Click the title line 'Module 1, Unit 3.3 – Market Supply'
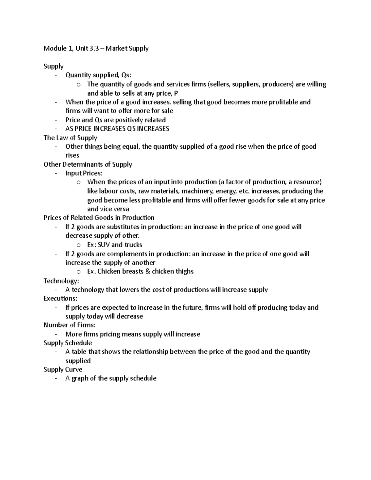[x=96, y=49]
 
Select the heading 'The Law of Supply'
[x=70, y=138]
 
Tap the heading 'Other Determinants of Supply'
[x=88, y=164]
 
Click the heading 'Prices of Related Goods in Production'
[x=99, y=218]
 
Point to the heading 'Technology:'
[x=61, y=281]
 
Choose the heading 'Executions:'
[x=60, y=299]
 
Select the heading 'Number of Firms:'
[x=70, y=325]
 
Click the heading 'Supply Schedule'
[x=68, y=343]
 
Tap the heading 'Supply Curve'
[x=63, y=370]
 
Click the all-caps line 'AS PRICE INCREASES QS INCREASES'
[x=117, y=129]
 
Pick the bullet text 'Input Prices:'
[x=84, y=173]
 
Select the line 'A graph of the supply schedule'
[x=111, y=379]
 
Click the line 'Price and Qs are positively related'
[x=115, y=120]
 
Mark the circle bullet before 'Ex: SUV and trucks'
[x=79, y=245]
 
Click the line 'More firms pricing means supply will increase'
[x=133, y=334]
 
